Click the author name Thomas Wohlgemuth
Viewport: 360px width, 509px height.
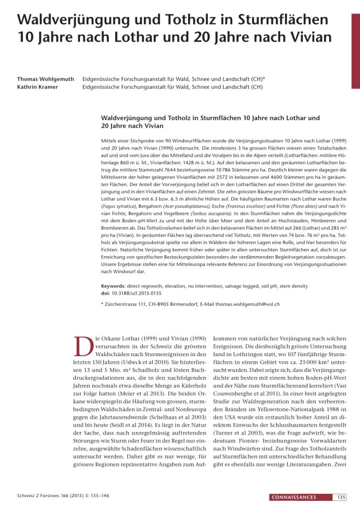(x=45, y=79)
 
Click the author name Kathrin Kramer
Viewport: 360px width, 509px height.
(x=40, y=87)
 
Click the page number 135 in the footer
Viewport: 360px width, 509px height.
(x=341, y=497)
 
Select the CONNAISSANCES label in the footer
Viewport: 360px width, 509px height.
(x=294, y=497)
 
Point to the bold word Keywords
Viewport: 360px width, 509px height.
(x=113, y=286)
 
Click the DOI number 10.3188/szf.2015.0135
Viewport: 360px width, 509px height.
(x=135, y=293)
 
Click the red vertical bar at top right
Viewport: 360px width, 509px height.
(x=355, y=51)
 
